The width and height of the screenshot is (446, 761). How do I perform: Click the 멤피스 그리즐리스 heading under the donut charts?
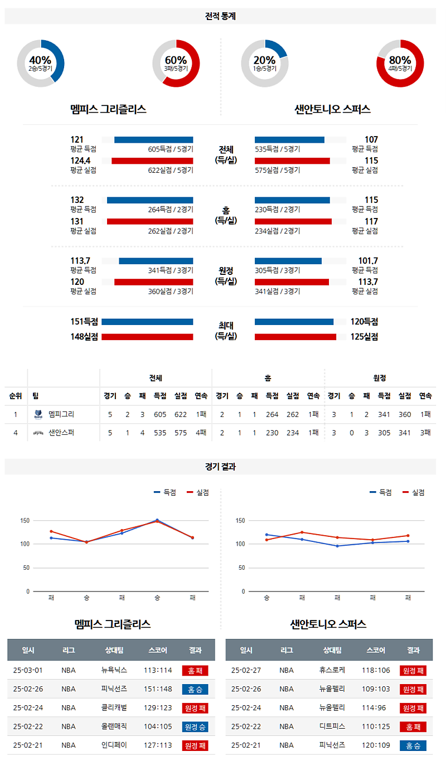point(108,109)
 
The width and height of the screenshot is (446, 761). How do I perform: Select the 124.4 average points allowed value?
point(80,161)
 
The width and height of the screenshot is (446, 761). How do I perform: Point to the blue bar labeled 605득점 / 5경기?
point(153,139)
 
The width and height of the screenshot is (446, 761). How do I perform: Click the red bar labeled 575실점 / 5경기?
point(292,161)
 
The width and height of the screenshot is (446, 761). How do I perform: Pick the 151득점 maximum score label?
point(84,322)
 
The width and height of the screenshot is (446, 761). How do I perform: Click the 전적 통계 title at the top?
point(220,16)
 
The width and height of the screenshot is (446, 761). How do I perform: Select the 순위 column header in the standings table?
point(16,396)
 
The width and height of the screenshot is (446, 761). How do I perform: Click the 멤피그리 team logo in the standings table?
point(38,414)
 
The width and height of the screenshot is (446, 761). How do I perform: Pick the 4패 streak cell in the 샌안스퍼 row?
point(201,432)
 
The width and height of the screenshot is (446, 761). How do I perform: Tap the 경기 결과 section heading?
point(220,467)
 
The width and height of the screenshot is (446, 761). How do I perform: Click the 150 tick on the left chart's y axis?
point(25,521)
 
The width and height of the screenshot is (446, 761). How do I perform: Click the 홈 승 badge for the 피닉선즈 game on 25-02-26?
point(195,689)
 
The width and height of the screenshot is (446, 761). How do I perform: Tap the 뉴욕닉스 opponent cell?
point(114,670)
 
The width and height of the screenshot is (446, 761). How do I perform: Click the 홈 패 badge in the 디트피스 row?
point(413,727)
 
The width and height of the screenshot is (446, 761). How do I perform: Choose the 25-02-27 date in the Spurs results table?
point(246,670)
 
